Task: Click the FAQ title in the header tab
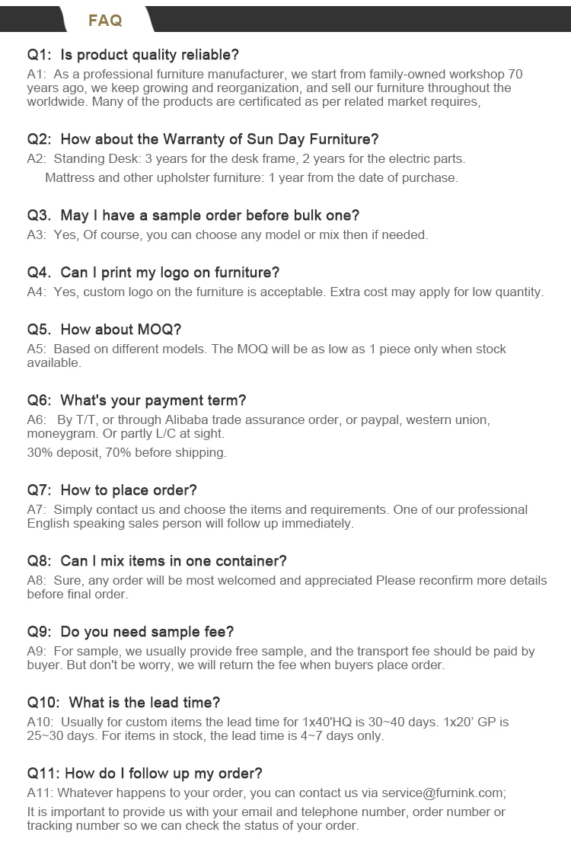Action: tap(105, 21)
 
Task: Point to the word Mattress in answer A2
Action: tap(70, 178)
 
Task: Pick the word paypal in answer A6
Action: tap(380, 420)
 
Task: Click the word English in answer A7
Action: tap(49, 524)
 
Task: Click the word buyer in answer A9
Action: tap(43, 665)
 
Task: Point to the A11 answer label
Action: tap(40, 793)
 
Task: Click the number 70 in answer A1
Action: tap(515, 75)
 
